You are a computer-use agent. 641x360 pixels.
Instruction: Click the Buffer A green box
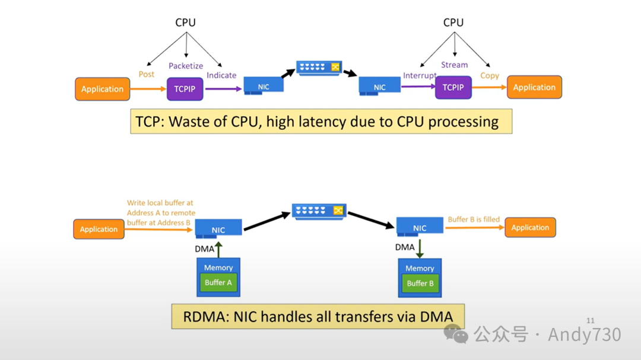(x=218, y=283)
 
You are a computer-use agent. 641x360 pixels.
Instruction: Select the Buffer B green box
(x=420, y=283)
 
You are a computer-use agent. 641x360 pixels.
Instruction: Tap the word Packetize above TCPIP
(x=186, y=66)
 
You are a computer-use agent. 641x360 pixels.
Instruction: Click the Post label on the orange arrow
(x=147, y=74)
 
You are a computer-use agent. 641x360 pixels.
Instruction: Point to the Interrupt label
(x=420, y=76)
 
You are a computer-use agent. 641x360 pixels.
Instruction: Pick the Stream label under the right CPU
(x=455, y=65)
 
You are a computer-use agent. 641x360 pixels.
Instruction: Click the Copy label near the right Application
(x=490, y=75)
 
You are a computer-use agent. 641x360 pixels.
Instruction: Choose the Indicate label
(x=221, y=75)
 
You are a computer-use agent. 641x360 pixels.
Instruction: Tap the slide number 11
(x=590, y=321)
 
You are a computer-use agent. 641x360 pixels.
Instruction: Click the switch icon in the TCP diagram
(x=320, y=67)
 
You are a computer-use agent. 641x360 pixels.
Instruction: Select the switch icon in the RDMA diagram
(x=319, y=211)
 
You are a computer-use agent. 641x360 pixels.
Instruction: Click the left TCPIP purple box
(x=185, y=89)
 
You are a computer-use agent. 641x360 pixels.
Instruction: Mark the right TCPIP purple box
(x=453, y=87)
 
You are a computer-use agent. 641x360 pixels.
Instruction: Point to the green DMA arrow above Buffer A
(x=218, y=249)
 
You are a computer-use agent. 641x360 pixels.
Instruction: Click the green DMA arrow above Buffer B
(x=420, y=248)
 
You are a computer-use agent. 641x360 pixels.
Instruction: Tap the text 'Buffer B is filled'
(x=474, y=219)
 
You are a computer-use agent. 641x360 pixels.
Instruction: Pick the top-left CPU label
(x=185, y=23)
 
